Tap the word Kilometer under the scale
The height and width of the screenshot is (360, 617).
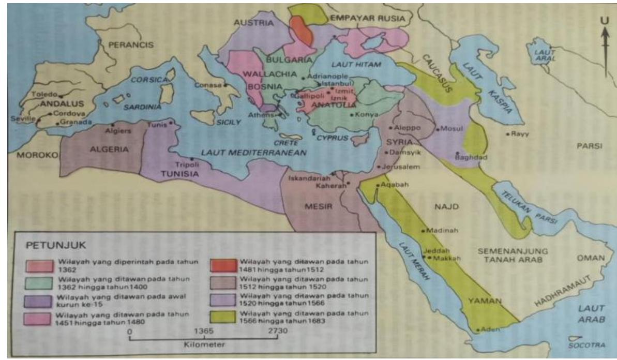[204, 344]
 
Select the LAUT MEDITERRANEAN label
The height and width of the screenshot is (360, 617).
[254, 153]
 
